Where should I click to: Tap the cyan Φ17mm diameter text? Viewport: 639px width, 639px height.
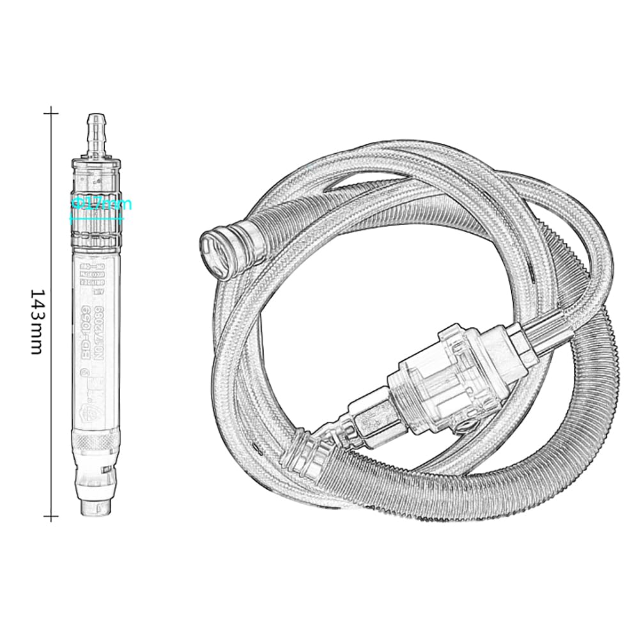(x=102, y=204)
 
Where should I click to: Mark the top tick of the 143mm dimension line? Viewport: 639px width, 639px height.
(x=51, y=114)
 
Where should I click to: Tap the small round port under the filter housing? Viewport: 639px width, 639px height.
(x=470, y=422)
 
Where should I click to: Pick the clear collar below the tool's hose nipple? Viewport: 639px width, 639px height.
(x=96, y=169)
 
